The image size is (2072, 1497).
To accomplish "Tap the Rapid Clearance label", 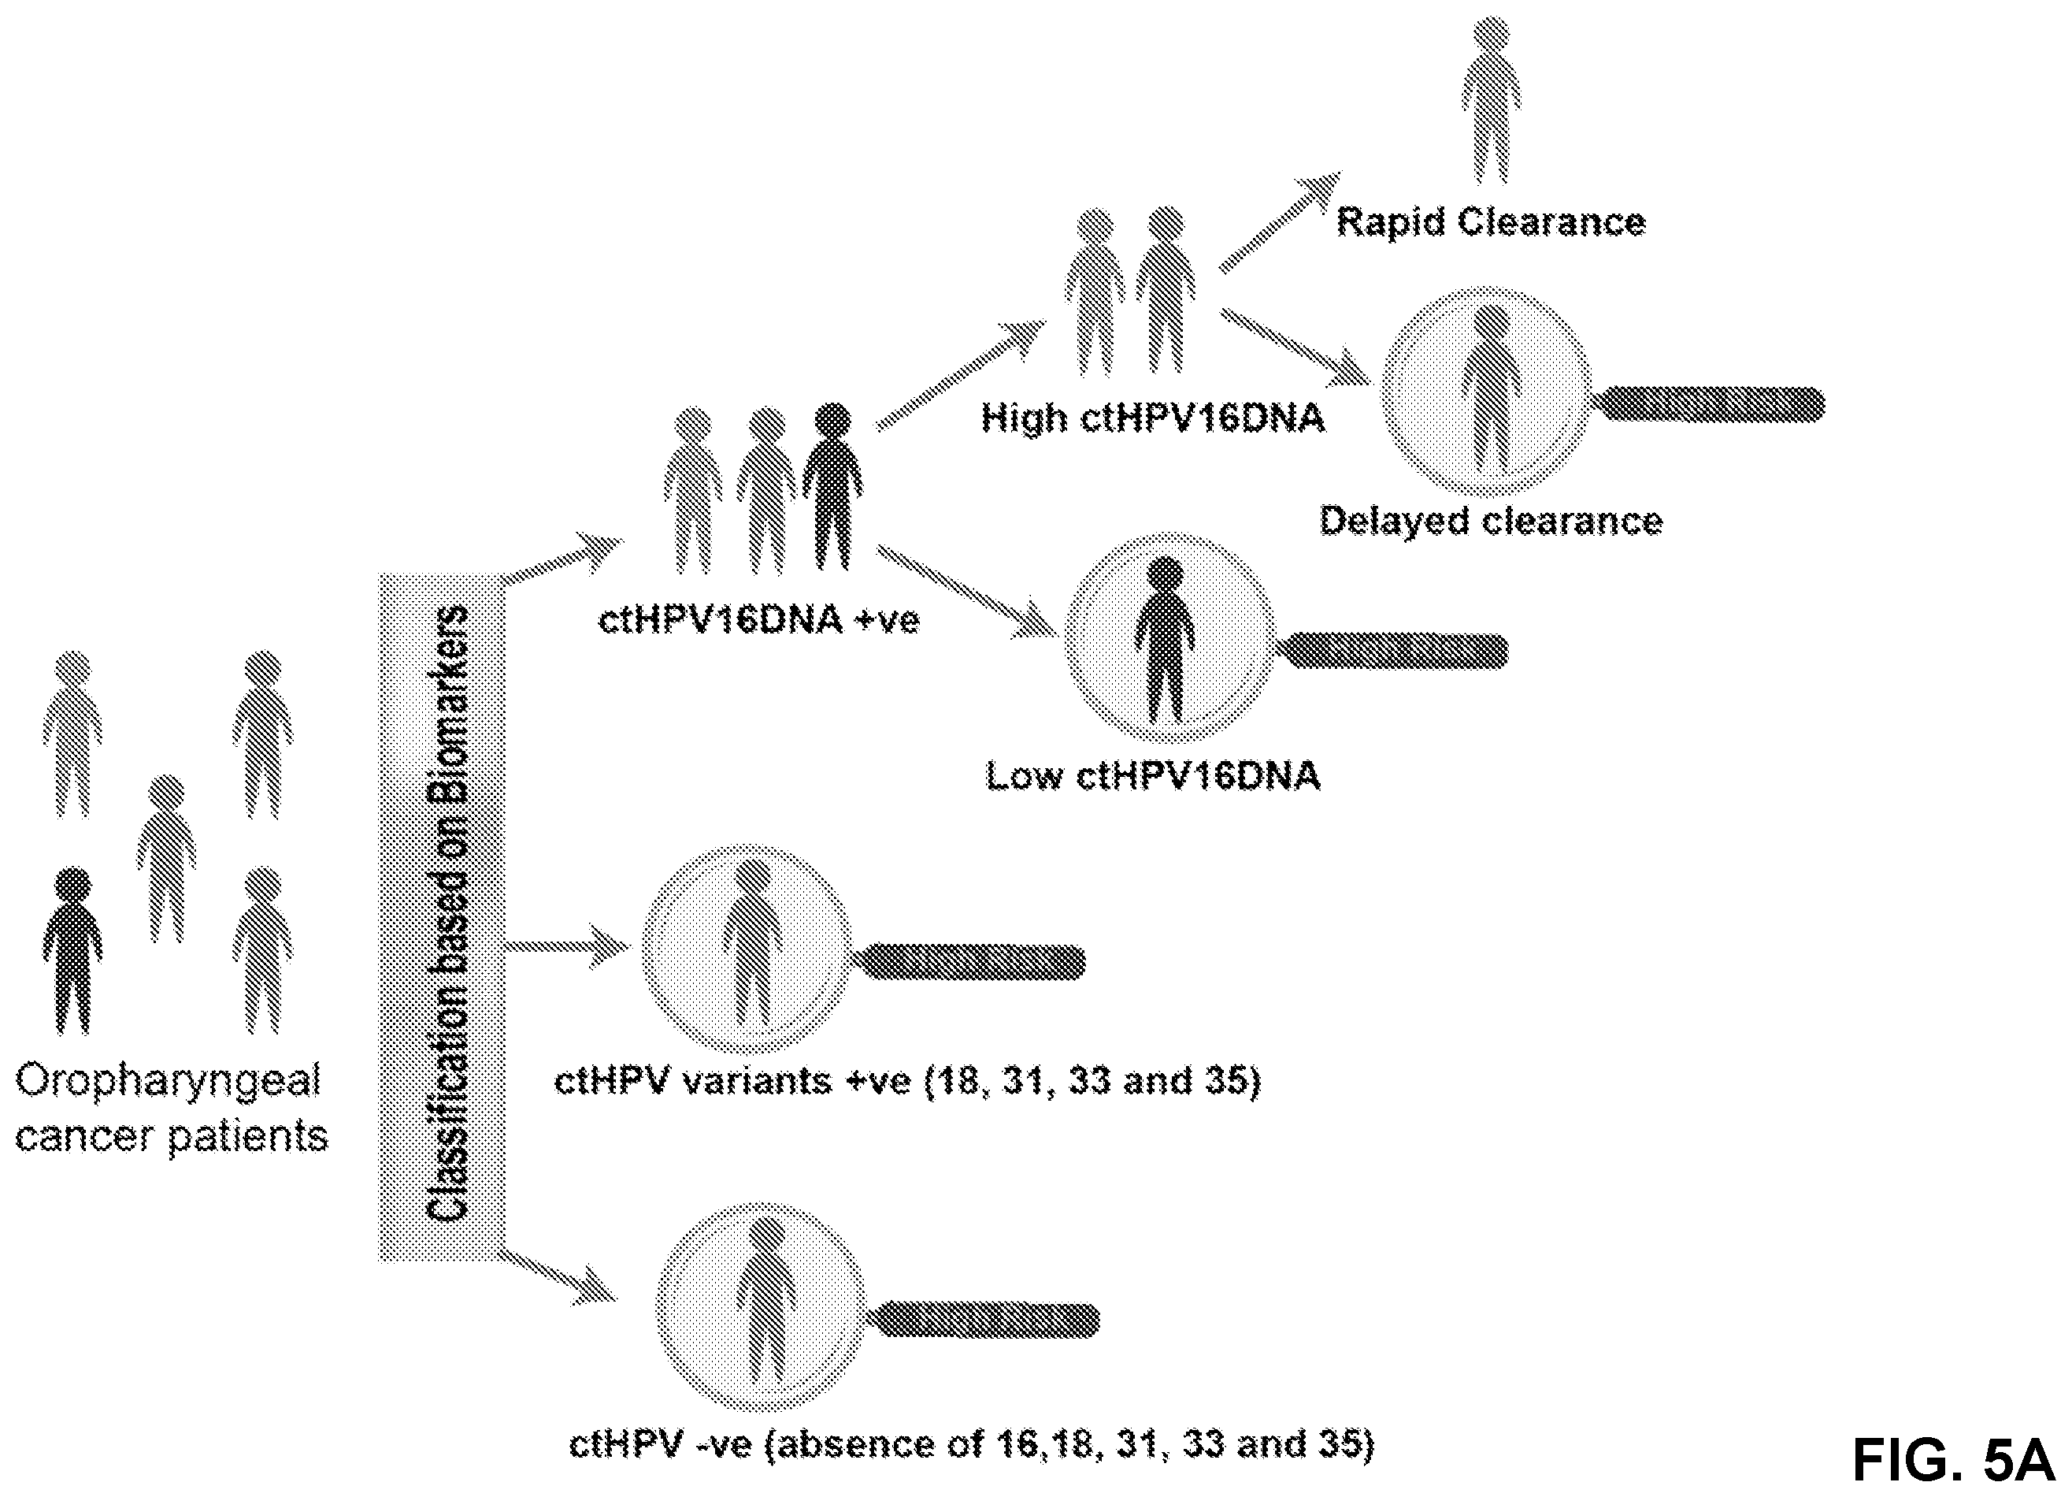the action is coord(1491,222).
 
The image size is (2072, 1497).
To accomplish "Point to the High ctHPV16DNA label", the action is coord(1153,418).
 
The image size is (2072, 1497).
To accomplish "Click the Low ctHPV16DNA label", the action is coord(1153,776).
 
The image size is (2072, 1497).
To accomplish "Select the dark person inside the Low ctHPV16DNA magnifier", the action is coord(1165,639).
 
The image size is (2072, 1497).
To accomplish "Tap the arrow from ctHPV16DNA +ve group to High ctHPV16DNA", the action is coord(961,375).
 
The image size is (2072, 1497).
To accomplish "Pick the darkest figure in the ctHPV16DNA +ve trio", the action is coord(832,486).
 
